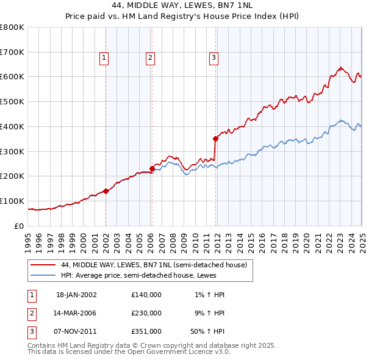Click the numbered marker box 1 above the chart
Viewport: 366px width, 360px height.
104,58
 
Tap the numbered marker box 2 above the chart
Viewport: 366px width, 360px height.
150,58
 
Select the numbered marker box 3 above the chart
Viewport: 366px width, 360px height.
214,58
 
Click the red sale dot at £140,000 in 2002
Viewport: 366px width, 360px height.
106,191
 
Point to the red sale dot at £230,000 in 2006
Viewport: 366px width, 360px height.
152,168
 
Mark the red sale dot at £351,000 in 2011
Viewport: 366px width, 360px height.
215,139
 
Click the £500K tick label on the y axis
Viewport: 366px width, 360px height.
12,101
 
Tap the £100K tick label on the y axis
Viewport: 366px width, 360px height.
12,201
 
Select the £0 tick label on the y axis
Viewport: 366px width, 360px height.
19,226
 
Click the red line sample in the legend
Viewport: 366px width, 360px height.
43,265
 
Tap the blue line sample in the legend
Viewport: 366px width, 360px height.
43,275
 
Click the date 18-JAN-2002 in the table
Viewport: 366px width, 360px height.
76,295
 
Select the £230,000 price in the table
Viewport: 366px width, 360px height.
146,313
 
